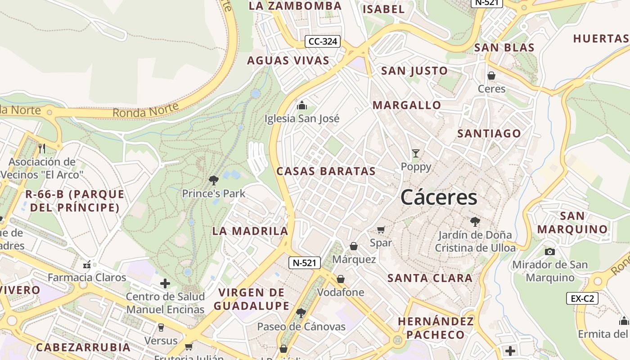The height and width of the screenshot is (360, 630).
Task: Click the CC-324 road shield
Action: pyautogui.click(x=323, y=42)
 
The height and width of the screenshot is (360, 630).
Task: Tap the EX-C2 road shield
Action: pyautogui.click(x=582, y=298)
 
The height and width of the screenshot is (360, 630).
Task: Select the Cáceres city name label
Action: pyautogui.click(x=439, y=198)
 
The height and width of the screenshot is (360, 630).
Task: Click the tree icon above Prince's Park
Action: pyautogui.click(x=214, y=180)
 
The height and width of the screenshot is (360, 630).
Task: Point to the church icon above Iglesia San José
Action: pyautogui.click(x=302, y=105)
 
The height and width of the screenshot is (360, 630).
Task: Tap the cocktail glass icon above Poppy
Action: pyautogui.click(x=416, y=153)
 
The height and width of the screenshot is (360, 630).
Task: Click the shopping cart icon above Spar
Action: pyautogui.click(x=381, y=230)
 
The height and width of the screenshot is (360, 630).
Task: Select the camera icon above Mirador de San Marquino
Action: pyautogui.click(x=549, y=252)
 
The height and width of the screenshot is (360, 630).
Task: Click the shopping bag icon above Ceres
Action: pyautogui.click(x=491, y=76)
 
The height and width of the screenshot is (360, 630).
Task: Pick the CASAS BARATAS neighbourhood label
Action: pyautogui.click(x=326, y=171)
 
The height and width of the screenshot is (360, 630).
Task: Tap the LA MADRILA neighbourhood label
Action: pyautogui.click(x=250, y=231)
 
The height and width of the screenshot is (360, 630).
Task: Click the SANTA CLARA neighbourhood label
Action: pyautogui.click(x=430, y=278)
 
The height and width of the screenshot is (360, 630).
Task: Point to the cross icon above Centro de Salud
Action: pyautogui.click(x=165, y=283)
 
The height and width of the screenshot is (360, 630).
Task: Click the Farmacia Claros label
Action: pyautogui.click(x=87, y=277)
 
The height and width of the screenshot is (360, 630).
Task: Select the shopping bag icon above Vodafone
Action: pyautogui.click(x=341, y=279)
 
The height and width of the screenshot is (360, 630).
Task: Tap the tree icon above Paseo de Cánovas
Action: pyautogui.click(x=301, y=313)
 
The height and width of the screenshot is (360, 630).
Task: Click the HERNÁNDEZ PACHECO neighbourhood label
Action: pyautogui.click(x=436, y=328)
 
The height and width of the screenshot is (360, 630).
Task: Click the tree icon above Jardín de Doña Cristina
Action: pyautogui.click(x=475, y=221)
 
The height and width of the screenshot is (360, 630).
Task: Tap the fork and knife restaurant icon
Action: pyautogui.click(x=42, y=148)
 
